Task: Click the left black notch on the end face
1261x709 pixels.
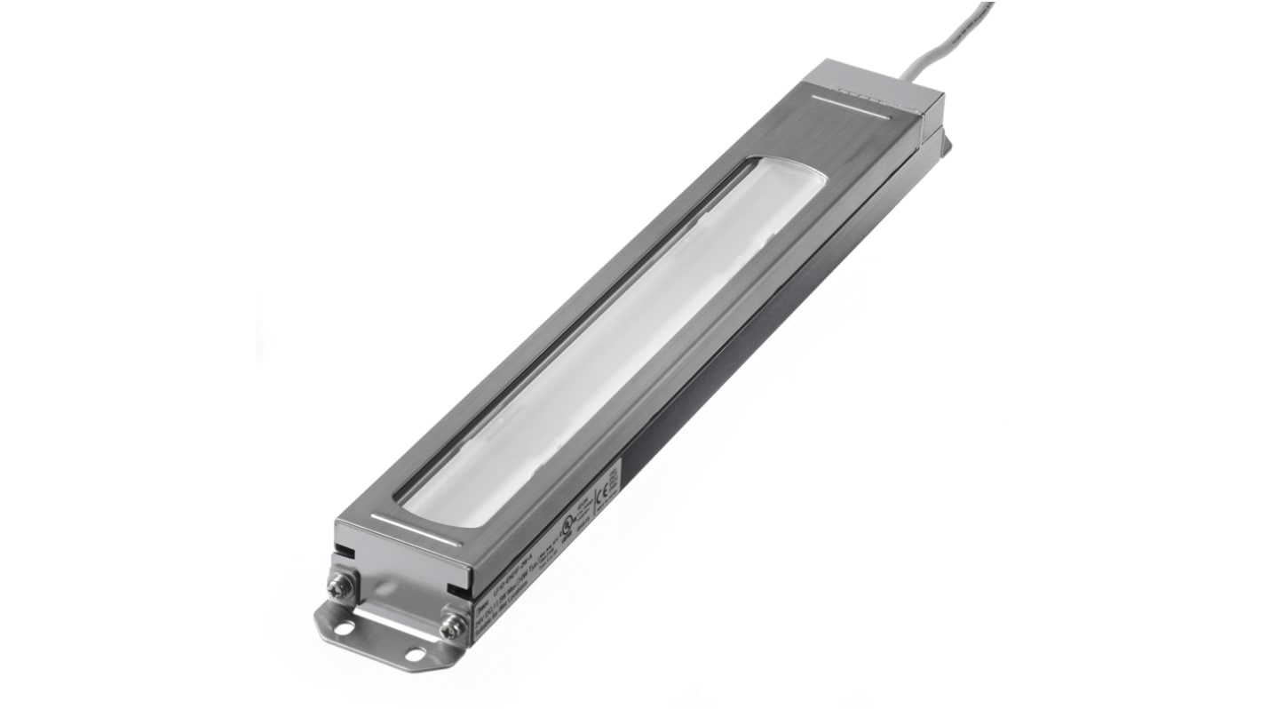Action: click(347, 551)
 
